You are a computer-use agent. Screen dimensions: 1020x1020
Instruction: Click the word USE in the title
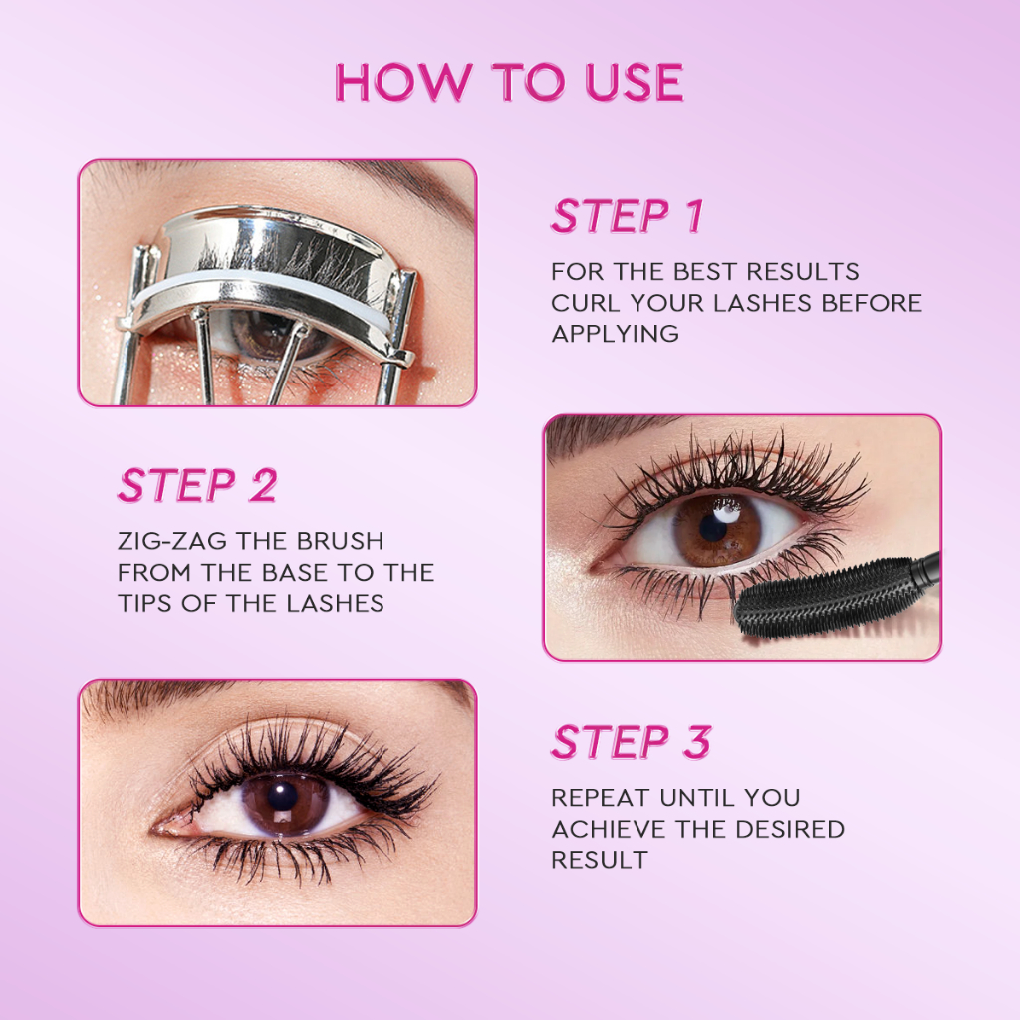(634, 82)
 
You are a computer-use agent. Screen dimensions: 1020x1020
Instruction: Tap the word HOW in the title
(403, 82)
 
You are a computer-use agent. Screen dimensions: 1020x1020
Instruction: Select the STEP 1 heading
(628, 216)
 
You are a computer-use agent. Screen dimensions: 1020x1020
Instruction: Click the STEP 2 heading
(198, 485)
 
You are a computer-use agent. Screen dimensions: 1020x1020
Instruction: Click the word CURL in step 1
(585, 303)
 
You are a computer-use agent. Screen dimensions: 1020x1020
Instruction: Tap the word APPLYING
(615, 334)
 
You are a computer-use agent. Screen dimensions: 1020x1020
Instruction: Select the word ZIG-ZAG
(172, 541)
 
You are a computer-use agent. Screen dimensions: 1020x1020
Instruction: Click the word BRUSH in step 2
(340, 541)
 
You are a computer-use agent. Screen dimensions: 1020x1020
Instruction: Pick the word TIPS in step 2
(145, 603)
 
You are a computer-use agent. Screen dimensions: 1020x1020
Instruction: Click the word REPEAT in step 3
(601, 798)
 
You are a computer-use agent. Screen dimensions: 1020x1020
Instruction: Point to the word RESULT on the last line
(599, 860)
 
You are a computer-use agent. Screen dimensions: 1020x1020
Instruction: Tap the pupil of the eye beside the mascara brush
(713, 529)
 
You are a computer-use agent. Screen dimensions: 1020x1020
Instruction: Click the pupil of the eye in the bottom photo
(282, 796)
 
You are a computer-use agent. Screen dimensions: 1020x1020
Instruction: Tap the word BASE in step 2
(295, 573)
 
